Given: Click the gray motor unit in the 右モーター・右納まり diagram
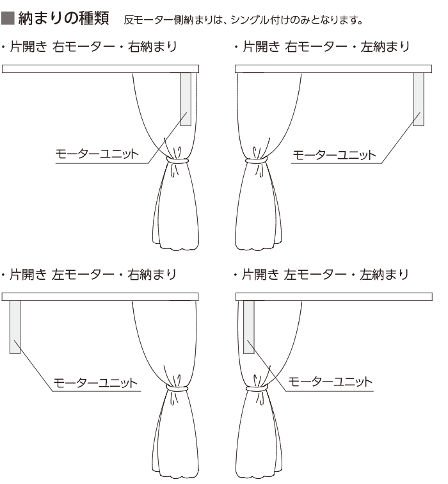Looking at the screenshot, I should point(186,99).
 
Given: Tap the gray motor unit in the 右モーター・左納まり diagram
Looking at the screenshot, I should point(419,99).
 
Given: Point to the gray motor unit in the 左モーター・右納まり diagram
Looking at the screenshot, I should point(15,327).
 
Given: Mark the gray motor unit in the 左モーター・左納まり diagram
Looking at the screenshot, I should point(248,327).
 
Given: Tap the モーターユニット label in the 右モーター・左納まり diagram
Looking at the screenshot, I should point(334,154).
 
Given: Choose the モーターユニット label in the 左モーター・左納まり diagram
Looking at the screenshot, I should point(330,382).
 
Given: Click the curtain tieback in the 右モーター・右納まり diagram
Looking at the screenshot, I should point(176,159).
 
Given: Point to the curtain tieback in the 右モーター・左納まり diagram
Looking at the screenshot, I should point(256,159).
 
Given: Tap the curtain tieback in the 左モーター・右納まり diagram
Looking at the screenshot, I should point(176,388).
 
